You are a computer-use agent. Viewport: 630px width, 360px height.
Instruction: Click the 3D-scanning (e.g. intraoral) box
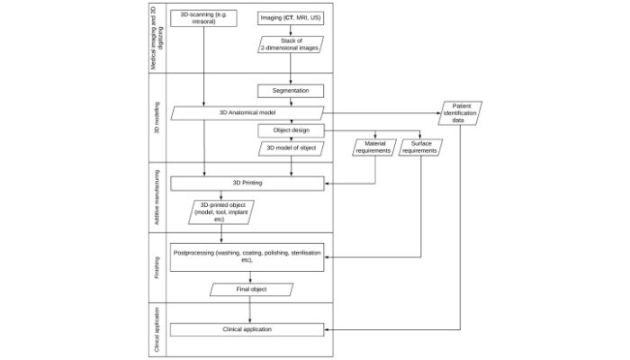click(205, 18)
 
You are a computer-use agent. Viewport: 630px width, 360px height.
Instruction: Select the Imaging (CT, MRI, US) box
click(289, 18)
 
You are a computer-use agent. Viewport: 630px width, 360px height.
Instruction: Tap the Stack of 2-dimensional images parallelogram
click(289, 44)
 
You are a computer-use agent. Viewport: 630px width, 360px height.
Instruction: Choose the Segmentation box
click(290, 92)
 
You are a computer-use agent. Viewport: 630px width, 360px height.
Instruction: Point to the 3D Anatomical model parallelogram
click(247, 112)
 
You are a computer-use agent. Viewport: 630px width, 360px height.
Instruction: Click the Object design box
click(290, 130)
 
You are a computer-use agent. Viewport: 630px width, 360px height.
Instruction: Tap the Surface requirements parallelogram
click(420, 147)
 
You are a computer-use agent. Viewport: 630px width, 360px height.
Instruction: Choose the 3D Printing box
click(247, 184)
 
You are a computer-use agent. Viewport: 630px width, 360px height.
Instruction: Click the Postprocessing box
click(247, 257)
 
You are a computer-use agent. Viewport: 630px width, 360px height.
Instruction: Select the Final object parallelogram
click(252, 290)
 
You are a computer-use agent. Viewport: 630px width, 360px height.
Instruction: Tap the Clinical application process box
click(247, 329)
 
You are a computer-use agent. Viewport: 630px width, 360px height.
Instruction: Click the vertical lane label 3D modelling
click(157, 118)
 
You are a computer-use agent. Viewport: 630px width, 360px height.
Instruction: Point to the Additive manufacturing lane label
click(157, 196)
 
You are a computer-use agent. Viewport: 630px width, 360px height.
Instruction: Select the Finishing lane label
click(157, 266)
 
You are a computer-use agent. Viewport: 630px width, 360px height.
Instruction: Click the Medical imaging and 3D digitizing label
click(157, 39)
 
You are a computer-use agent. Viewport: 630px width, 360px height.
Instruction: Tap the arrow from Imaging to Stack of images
click(290, 30)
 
